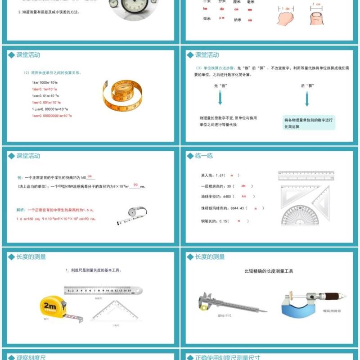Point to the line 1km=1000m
click(x=44, y=83)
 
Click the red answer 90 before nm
click(x=135, y=185)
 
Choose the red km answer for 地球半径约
click(x=244, y=197)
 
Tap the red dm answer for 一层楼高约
click(x=243, y=186)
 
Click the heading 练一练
click(x=204, y=156)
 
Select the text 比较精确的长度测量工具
click(x=269, y=271)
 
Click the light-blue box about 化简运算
click(x=309, y=123)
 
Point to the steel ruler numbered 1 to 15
click(x=103, y=291)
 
